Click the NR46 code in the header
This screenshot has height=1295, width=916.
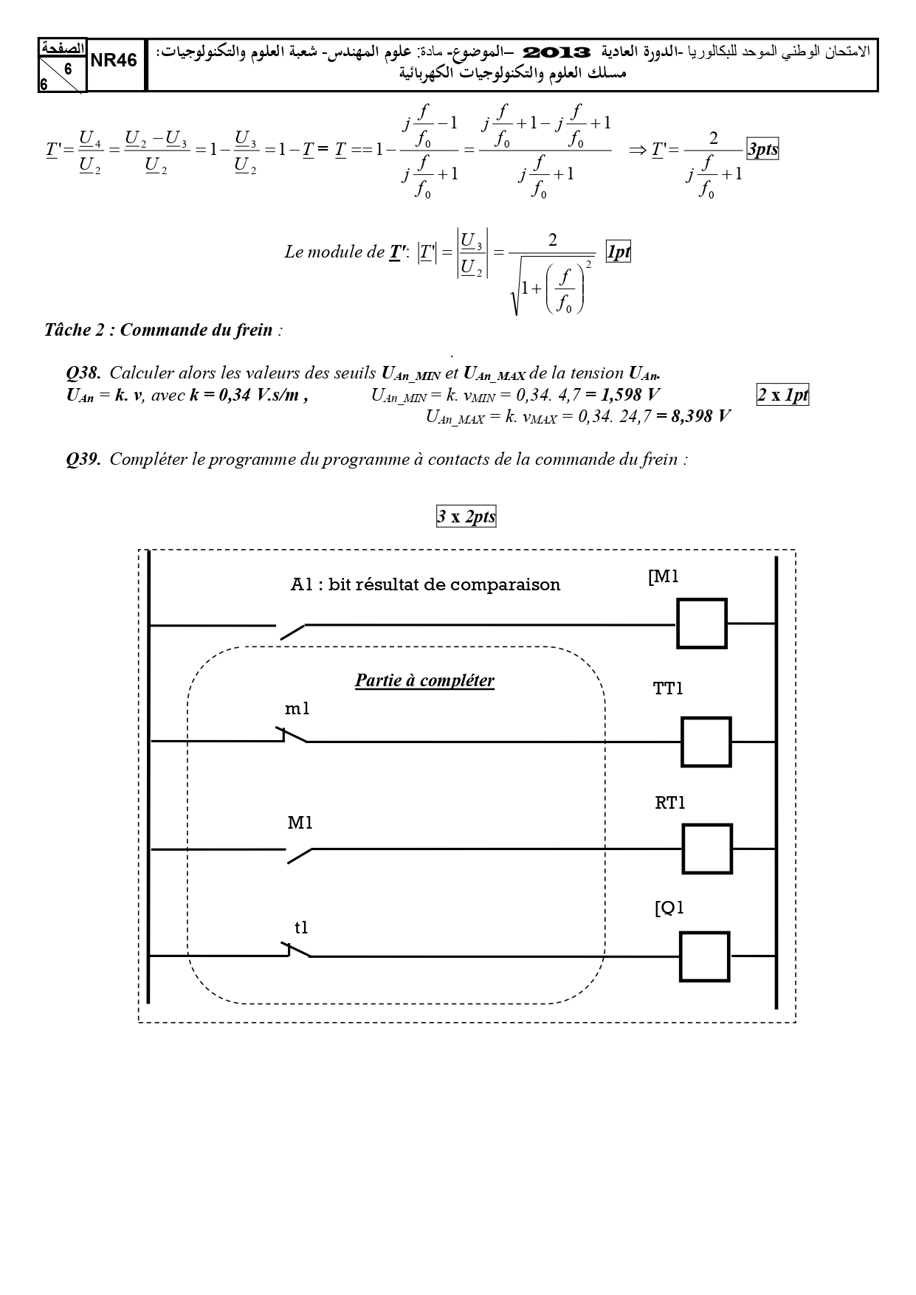(114, 61)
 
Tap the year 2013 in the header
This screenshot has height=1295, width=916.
(557, 52)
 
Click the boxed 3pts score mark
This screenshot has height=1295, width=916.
(762, 149)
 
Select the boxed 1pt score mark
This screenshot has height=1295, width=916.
(618, 252)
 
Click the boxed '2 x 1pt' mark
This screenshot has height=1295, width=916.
(783, 395)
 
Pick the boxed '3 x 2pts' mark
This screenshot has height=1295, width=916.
(466, 517)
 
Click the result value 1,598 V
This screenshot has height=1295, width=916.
(623, 395)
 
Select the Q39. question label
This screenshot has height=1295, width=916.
(83, 460)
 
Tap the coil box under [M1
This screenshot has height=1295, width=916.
(702, 624)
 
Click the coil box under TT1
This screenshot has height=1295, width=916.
(706, 742)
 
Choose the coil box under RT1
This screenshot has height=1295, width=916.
(707, 849)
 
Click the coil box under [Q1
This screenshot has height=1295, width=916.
(704, 957)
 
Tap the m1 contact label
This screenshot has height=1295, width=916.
(297, 709)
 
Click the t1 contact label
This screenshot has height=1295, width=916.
(301, 928)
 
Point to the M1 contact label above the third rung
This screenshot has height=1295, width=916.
(300, 823)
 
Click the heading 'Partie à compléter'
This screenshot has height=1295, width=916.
(424, 680)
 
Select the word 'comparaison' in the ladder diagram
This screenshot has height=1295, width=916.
(506, 585)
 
